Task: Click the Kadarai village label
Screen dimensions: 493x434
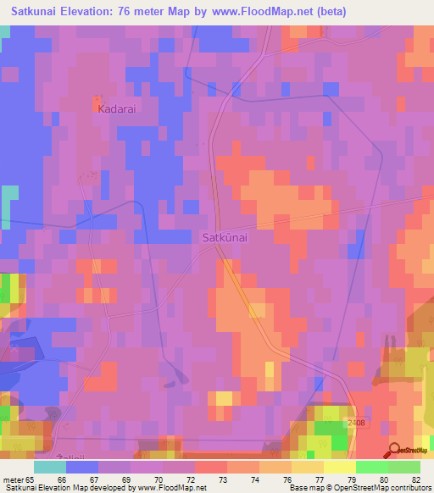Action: pyautogui.click(x=117, y=109)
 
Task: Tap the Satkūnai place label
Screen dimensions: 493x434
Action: pyautogui.click(x=225, y=238)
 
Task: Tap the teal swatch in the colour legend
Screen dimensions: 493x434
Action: pyautogui.click(x=49, y=467)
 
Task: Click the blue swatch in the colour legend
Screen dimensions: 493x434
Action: pyautogui.click(x=81, y=467)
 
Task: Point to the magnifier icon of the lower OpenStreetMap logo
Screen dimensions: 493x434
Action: pyautogui.click(x=395, y=449)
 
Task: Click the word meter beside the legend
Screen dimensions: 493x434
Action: pyautogui.click(x=14, y=480)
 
